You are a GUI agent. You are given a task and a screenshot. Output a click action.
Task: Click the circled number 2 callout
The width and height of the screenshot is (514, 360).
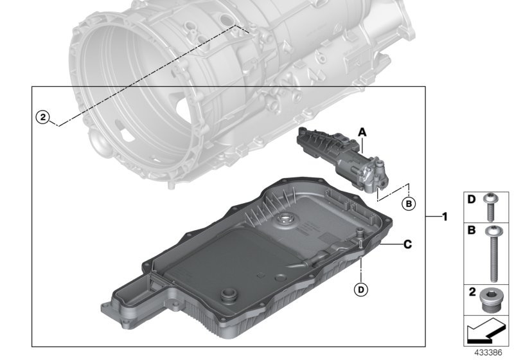click(42, 117)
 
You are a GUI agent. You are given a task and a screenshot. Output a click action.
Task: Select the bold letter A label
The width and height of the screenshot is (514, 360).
click(362, 132)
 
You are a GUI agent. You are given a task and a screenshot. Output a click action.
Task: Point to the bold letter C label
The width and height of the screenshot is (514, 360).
click(407, 244)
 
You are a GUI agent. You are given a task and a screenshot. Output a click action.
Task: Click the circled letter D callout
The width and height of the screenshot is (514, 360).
click(362, 291)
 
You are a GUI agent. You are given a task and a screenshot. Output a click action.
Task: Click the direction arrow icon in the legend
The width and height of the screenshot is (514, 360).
click(486, 334)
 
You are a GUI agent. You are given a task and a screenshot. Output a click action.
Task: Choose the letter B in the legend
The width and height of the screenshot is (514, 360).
click(471, 230)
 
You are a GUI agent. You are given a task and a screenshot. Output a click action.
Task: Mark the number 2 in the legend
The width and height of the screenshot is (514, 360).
click(471, 292)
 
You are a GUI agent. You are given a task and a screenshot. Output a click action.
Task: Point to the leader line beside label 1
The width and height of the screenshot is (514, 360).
click(431, 217)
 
